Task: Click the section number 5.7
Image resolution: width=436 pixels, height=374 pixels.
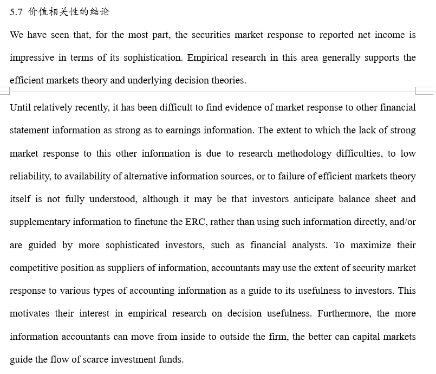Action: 16,12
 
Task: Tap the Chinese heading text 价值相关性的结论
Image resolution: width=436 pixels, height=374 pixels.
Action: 69,12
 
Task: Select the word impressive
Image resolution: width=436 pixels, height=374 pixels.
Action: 32,58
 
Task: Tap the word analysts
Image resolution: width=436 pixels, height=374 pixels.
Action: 309,246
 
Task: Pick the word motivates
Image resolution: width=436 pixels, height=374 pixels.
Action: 30,314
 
